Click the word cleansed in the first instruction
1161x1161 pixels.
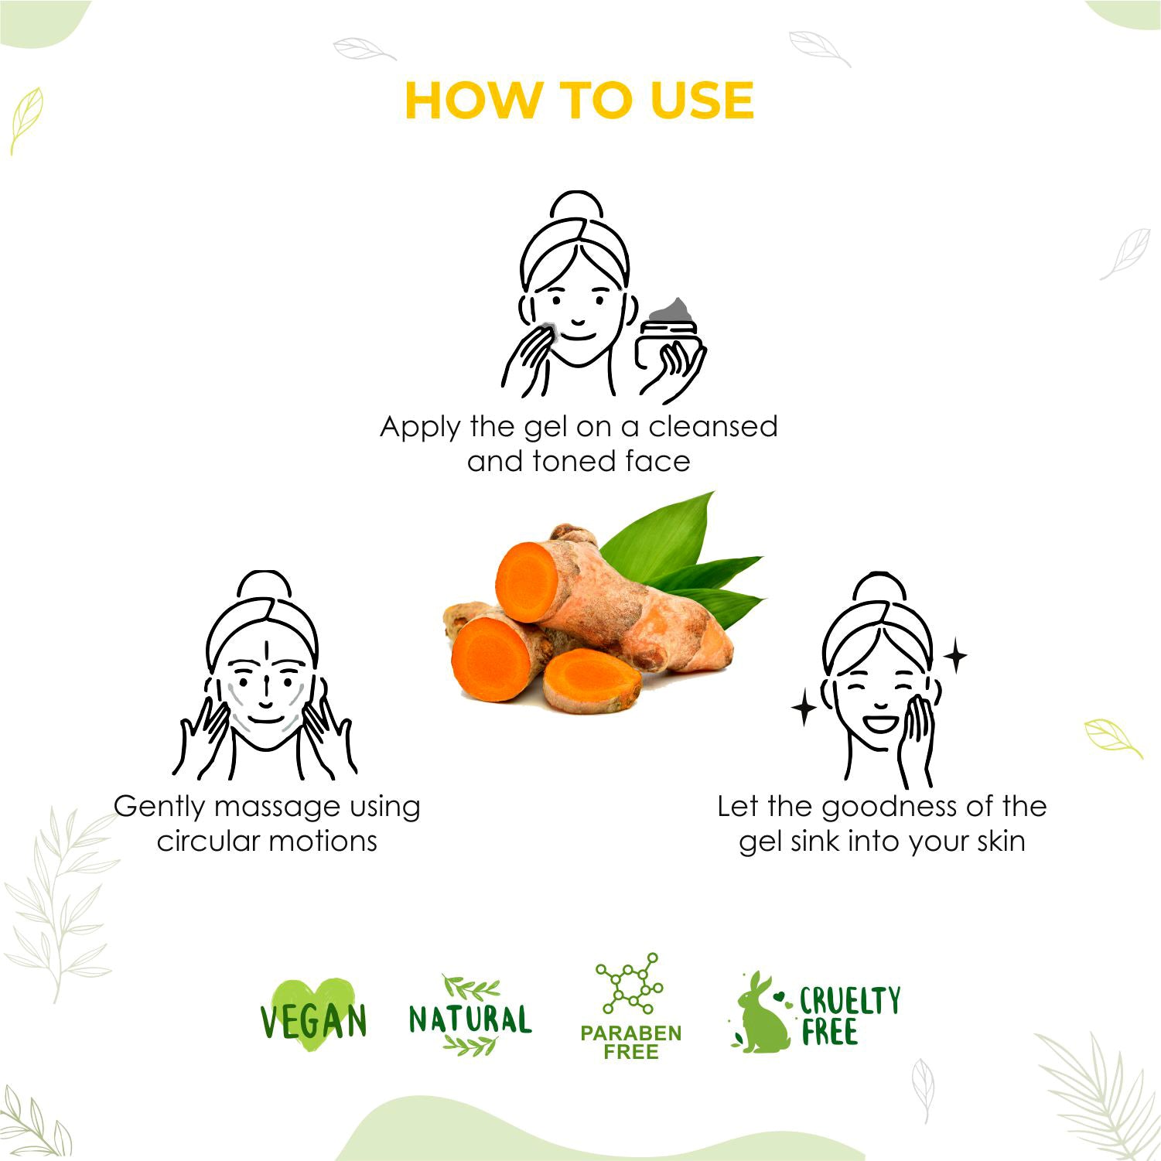tap(712, 426)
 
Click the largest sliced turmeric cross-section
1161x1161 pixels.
tap(527, 581)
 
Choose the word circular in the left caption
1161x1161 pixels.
tap(206, 841)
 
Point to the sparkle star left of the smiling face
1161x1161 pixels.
tap(804, 709)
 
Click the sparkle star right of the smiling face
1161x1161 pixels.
tap(956, 657)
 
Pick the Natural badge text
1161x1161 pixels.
tap(470, 1019)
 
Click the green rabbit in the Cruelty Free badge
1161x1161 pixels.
tap(761, 1015)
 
